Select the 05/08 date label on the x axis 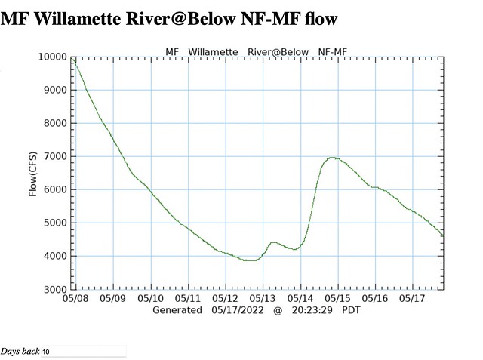pyautogui.click(x=75, y=299)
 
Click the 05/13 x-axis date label pyautogui.click(x=263, y=299)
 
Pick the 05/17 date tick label pyautogui.click(x=413, y=299)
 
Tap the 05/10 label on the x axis pyautogui.click(x=150, y=299)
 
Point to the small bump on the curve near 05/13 pyautogui.click(x=273, y=242)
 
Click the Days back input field pyautogui.click(x=83, y=352)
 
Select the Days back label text pyautogui.click(x=20, y=352)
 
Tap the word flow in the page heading pyautogui.click(x=322, y=17)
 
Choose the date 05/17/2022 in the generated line pyautogui.click(x=238, y=310)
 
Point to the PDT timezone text pyautogui.click(x=352, y=310)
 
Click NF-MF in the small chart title pyautogui.click(x=333, y=52)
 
